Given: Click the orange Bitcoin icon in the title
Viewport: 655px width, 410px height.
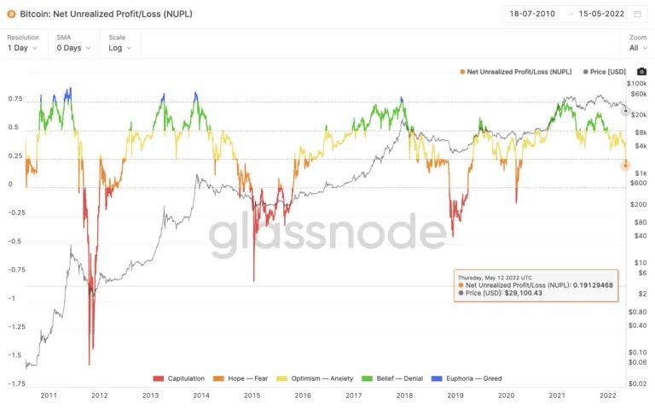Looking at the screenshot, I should (x=10, y=14).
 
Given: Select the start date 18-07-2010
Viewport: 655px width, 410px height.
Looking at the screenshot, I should (x=533, y=14).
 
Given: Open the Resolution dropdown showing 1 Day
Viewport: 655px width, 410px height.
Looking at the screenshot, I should (x=23, y=48).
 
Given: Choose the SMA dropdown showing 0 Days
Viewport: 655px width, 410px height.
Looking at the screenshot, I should (x=72, y=48).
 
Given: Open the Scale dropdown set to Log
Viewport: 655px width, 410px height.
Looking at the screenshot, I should (x=119, y=48).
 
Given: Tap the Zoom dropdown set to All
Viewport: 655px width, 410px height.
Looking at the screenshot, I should (x=636, y=48).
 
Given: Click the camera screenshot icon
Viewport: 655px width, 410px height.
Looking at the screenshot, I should (x=642, y=72).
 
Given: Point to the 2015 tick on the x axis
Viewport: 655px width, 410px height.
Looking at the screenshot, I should (x=252, y=395).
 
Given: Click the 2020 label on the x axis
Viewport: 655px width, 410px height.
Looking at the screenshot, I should (x=507, y=395).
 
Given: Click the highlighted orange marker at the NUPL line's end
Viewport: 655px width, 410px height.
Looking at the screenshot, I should (x=625, y=166).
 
